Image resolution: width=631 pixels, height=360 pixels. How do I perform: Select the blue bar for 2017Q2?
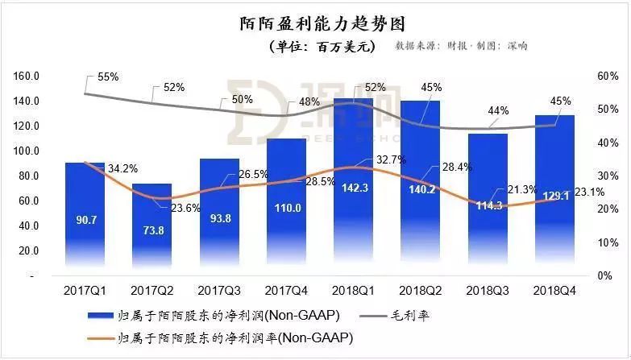pos(152,226)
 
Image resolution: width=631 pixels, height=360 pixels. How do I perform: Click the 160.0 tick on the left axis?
pos(27,77)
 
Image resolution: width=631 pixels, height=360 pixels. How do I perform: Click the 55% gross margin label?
pos(108,77)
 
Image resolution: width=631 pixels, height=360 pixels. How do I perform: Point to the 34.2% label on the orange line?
pos(123,169)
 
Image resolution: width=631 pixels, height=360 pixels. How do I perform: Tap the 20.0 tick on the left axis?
pos(28,250)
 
